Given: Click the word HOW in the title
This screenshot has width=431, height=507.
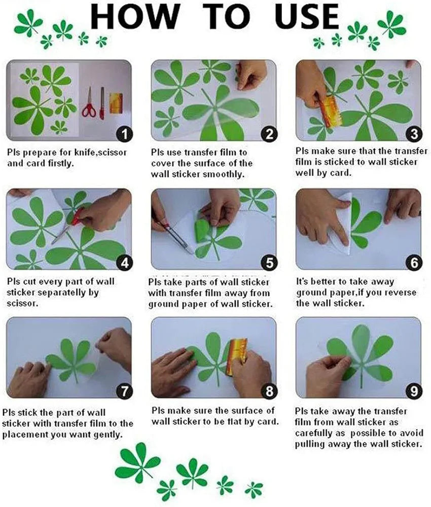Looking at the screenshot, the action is coord(135,17).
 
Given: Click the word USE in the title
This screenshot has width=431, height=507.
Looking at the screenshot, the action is coord(307,17).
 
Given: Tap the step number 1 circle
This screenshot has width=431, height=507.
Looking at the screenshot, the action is coord(124,134).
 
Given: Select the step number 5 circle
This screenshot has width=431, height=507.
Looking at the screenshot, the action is coord(269,263).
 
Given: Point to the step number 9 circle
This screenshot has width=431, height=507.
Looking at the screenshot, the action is coord(414,391).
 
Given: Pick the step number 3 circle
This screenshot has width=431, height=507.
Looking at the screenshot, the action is coord(414,134).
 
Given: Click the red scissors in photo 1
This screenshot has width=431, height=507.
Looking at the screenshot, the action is coord(89,102).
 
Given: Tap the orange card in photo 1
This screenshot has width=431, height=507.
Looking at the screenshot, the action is coord(116,103).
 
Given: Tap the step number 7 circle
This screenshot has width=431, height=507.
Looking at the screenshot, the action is coord(124,391).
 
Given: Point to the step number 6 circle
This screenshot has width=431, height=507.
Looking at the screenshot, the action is coord(414,263).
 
